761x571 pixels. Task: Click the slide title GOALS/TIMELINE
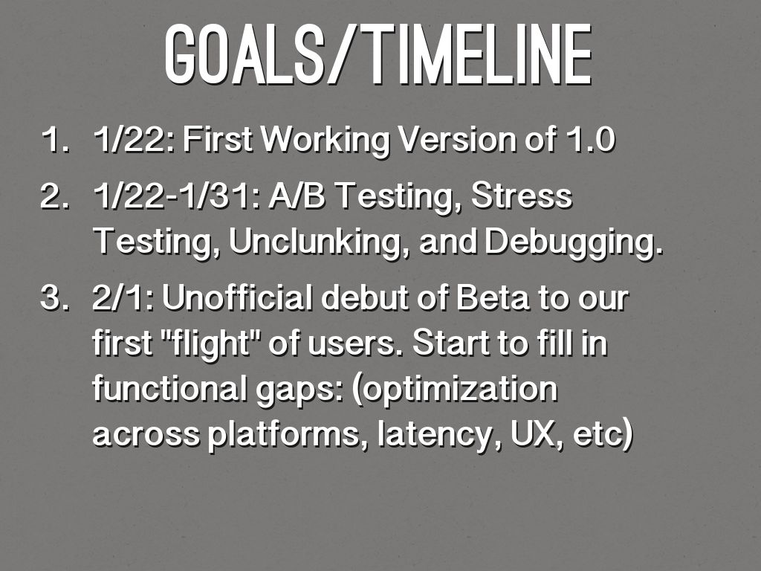click(x=378, y=54)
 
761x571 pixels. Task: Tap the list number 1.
click(x=56, y=140)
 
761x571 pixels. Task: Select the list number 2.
click(x=55, y=196)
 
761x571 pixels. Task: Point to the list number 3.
click(x=55, y=298)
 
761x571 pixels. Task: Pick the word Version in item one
click(x=457, y=140)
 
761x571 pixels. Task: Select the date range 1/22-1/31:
click(x=177, y=196)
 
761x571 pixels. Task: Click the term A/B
click(x=297, y=196)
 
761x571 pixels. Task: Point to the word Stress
click(x=522, y=196)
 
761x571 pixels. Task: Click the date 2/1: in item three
click(x=124, y=298)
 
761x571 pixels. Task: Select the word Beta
click(x=493, y=297)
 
